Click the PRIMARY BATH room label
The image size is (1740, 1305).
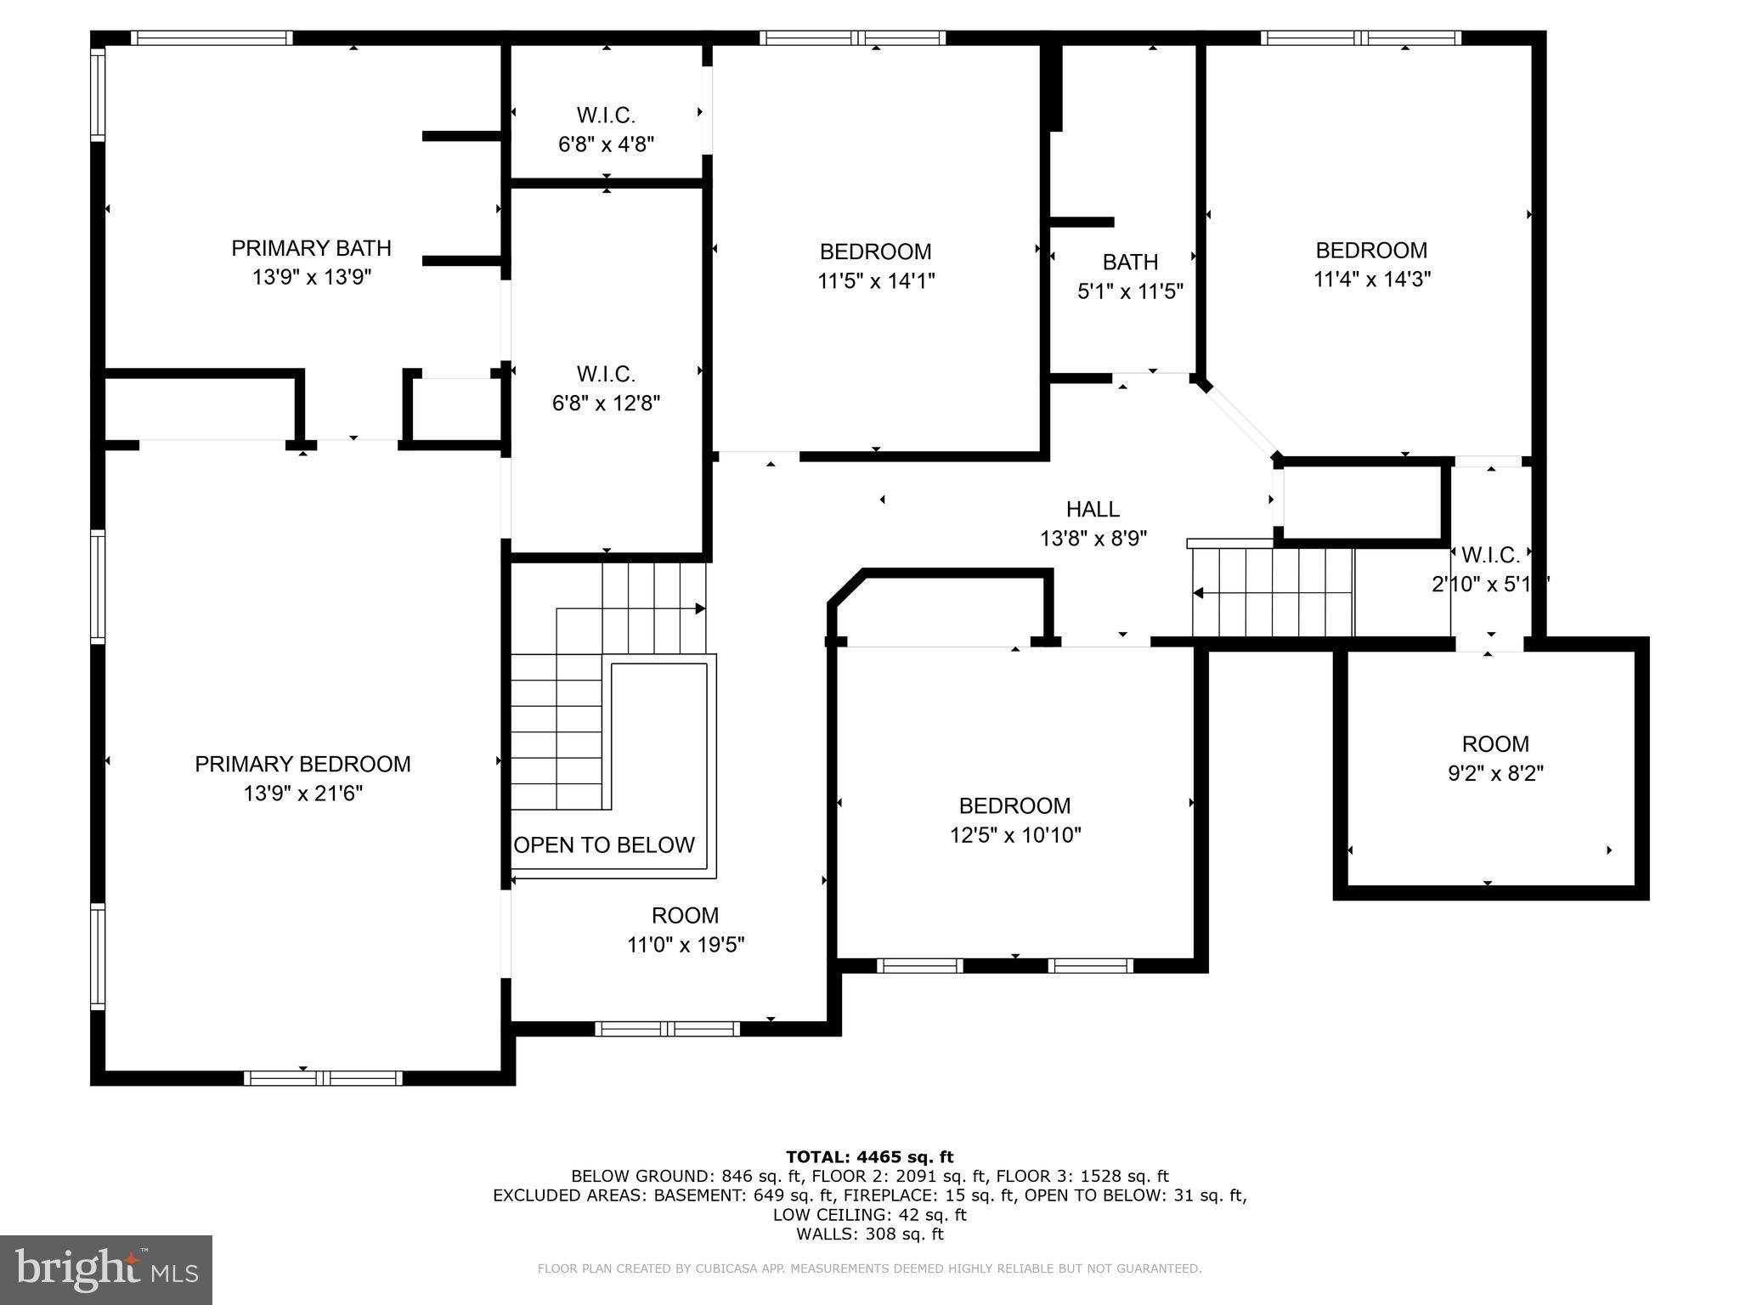311,248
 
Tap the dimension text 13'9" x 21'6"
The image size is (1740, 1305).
302,793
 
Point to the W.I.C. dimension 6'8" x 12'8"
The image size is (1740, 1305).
606,403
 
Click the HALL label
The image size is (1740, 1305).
1093,509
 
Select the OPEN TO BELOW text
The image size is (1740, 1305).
604,845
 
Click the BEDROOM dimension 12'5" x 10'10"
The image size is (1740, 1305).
1014,834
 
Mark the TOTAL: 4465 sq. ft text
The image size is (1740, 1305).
869,1156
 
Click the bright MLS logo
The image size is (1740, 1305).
106,1269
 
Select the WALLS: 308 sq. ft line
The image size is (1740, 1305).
869,1234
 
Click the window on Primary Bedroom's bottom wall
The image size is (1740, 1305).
323,1077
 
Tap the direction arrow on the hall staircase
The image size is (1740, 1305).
1200,593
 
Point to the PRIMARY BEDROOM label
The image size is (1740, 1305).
302,764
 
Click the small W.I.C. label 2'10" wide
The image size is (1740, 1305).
1490,556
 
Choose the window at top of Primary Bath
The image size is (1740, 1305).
212,37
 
